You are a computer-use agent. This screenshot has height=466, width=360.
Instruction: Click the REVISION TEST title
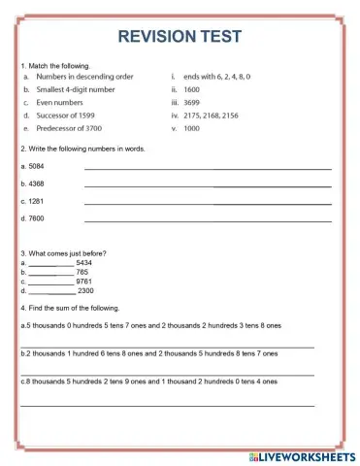(180, 36)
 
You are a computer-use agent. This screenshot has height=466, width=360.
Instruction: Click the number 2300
(85, 290)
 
